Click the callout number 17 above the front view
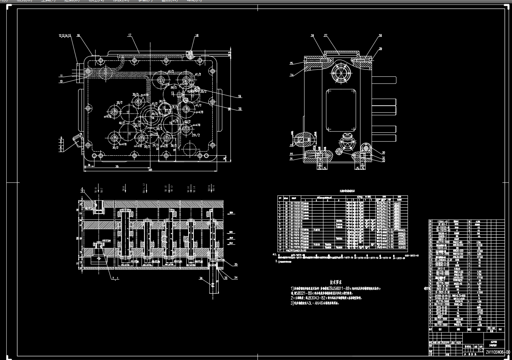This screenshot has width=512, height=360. (x=130, y=35)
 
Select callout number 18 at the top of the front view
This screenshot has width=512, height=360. (x=197, y=36)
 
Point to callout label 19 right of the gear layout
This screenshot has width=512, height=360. (x=239, y=96)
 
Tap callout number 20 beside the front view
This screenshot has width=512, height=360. (x=240, y=109)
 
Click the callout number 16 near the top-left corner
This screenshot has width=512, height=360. (x=78, y=36)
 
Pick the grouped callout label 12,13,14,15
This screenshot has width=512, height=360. (x=65, y=36)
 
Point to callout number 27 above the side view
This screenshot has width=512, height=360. (x=326, y=36)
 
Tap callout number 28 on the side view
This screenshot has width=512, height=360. (x=380, y=36)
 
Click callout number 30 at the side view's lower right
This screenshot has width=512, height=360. (x=383, y=152)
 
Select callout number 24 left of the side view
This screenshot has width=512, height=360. (x=291, y=75)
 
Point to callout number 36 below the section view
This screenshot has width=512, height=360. (x=201, y=278)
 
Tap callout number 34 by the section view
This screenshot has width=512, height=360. (x=236, y=277)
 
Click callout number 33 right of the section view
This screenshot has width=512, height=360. (x=236, y=264)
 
